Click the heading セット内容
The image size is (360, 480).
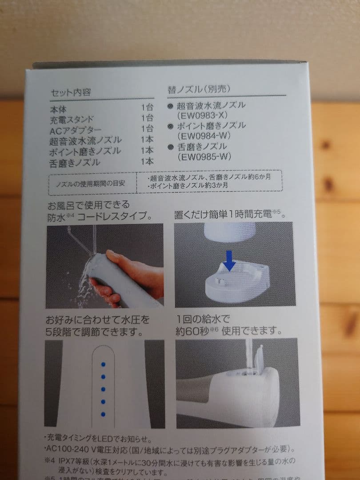click(x=71, y=92)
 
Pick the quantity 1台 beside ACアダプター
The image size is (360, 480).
click(x=147, y=129)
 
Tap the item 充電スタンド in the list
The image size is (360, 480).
click(x=72, y=120)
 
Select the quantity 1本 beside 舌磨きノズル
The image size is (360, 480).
click(x=147, y=161)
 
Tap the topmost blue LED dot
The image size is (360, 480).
click(x=103, y=364)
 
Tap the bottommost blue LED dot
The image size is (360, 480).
click(x=103, y=414)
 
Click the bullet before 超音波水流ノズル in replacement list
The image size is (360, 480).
click(x=170, y=106)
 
